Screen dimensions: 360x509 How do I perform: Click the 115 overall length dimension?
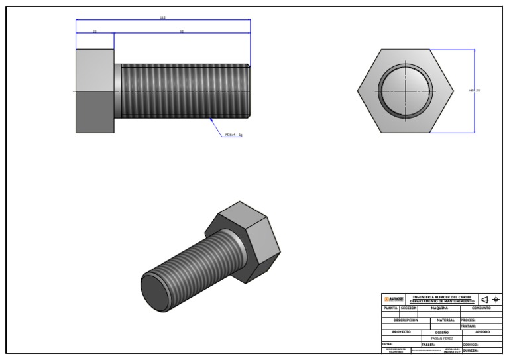tap(163, 18)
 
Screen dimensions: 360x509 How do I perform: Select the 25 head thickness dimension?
tap(95, 31)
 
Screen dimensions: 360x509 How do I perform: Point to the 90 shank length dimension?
tap(182, 31)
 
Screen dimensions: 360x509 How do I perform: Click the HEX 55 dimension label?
tap(474, 90)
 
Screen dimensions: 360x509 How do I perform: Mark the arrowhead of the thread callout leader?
tap(211, 119)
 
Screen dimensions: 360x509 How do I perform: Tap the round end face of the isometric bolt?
tap(159, 292)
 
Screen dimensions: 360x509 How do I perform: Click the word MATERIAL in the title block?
tap(445, 320)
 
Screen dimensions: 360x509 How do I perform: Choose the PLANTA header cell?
tap(390, 308)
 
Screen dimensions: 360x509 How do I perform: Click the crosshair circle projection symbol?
tap(495, 300)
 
